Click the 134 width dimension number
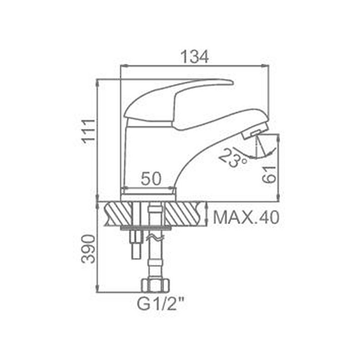click(195, 57)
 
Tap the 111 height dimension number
click(89, 131)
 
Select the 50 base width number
click(151, 179)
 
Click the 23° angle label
click(232, 158)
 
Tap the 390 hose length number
click(89, 249)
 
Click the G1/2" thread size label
click(161, 304)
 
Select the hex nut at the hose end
click(156, 285)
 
